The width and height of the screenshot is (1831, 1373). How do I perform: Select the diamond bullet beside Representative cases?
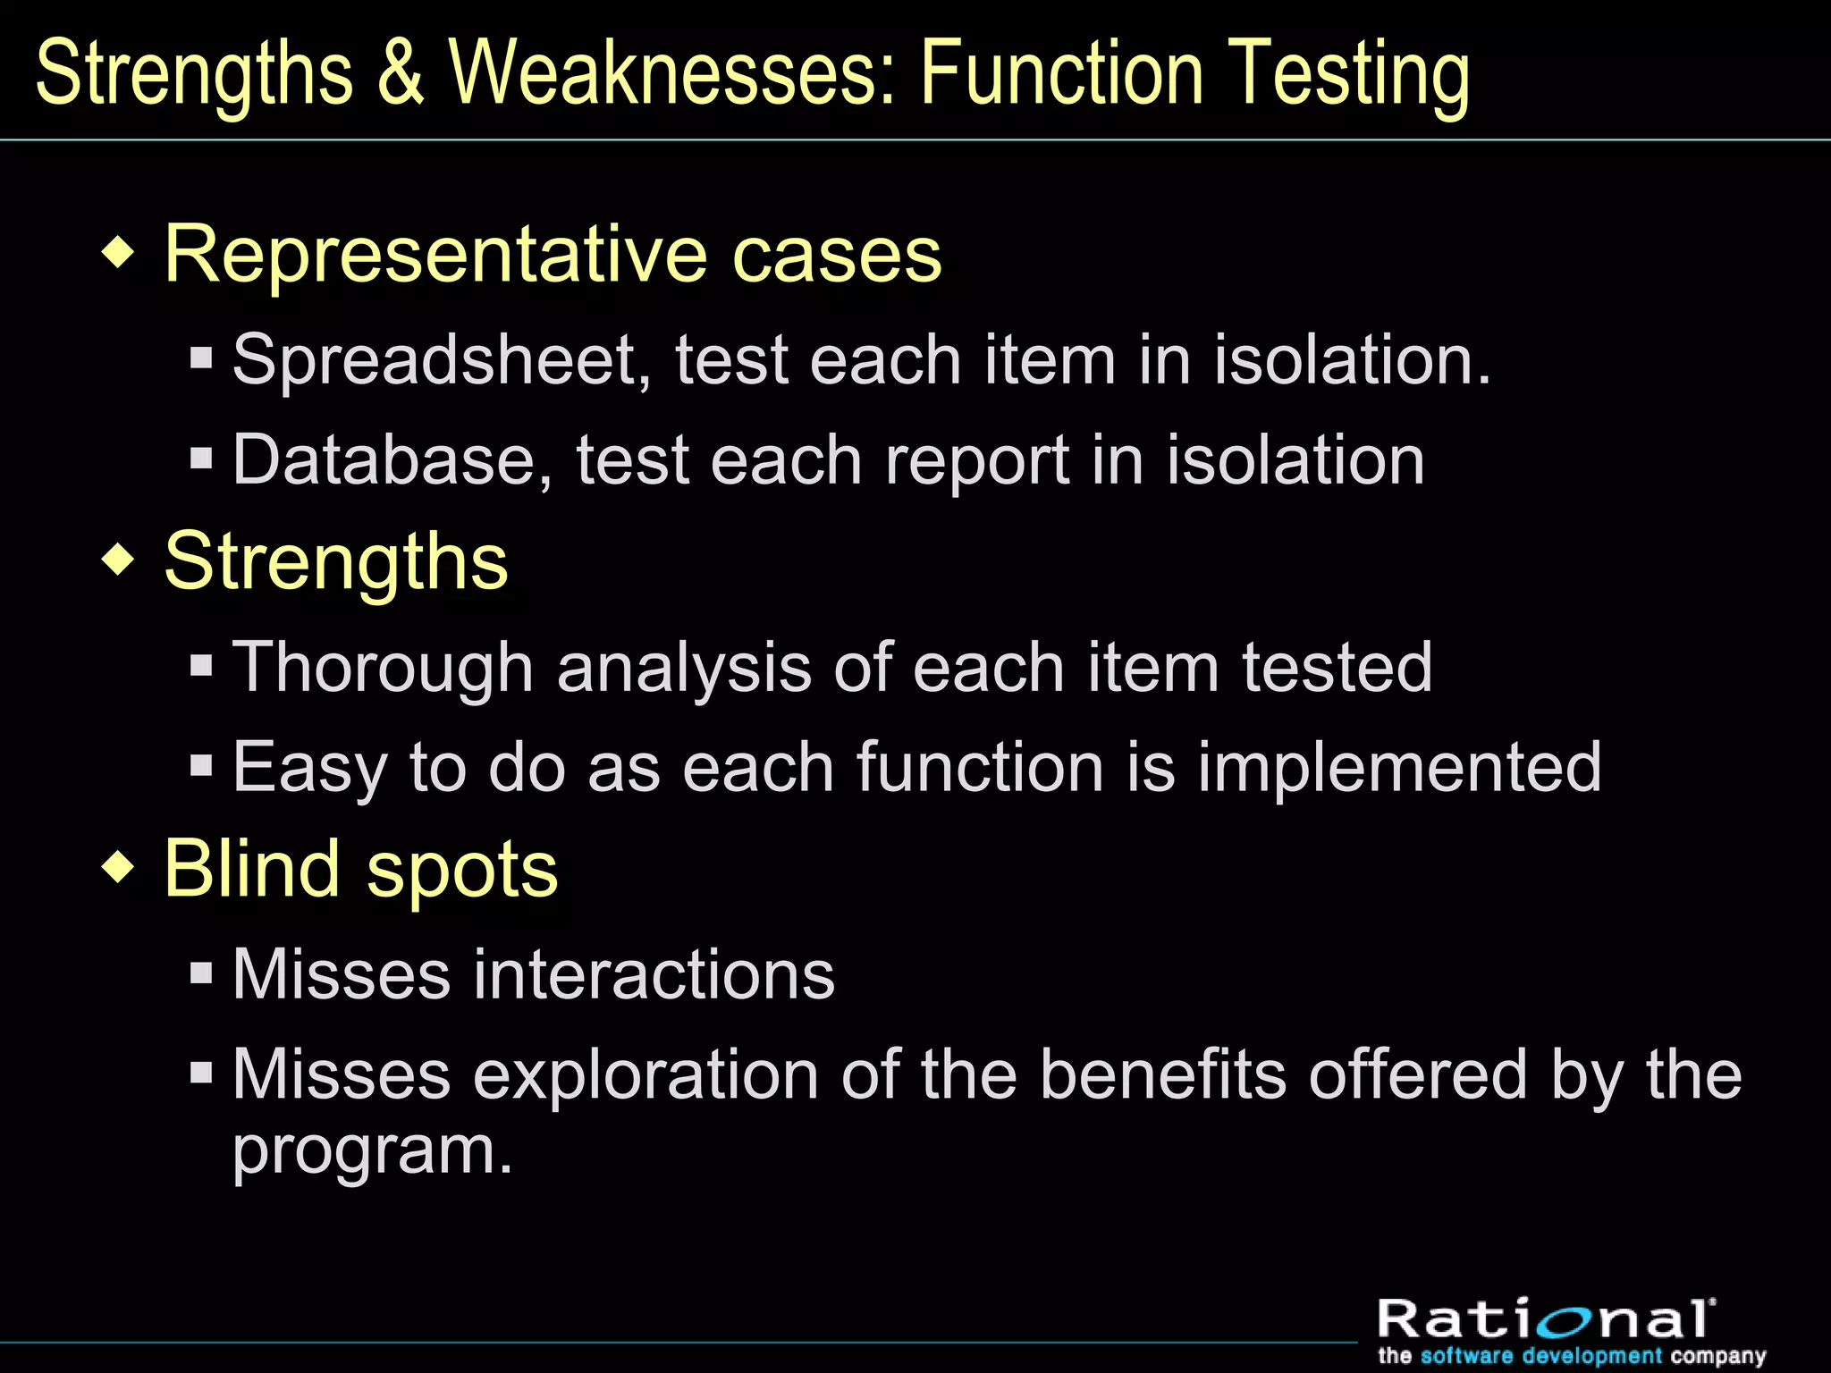(118, 253)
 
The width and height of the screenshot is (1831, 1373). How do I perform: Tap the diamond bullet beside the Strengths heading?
(118, 560)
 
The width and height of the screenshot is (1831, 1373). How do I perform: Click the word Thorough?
(383, 668)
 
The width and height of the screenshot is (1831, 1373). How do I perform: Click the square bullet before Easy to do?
(201, 765)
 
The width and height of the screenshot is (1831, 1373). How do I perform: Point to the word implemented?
(1399, 769)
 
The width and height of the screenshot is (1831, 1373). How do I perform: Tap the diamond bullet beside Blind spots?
(118, 867)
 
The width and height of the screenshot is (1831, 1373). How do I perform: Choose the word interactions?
(654, 974)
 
